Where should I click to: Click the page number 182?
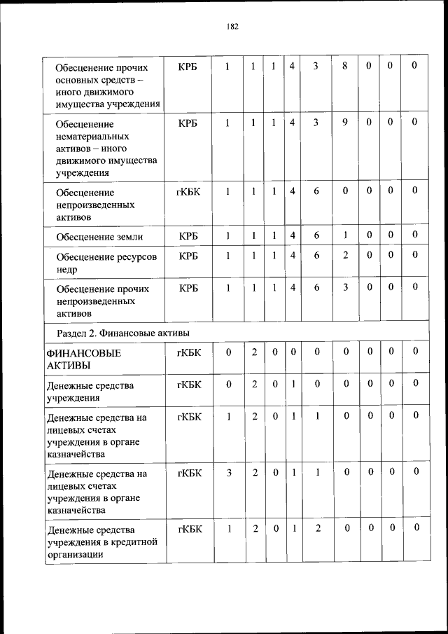point(232,26)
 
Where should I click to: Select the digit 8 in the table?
point(345,66)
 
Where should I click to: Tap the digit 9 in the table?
point(345,122)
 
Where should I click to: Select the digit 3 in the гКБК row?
point(228,473)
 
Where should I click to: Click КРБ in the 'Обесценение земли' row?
point(188,235)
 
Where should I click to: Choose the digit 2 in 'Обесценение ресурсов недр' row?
point(345,256)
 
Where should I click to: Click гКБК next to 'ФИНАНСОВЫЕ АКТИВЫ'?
point(188,352)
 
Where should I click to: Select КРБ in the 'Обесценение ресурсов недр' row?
point(188,256)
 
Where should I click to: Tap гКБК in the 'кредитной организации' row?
point(188,529)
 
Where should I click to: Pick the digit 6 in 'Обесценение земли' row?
point(316,235)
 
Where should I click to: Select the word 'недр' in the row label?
point(68,269)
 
